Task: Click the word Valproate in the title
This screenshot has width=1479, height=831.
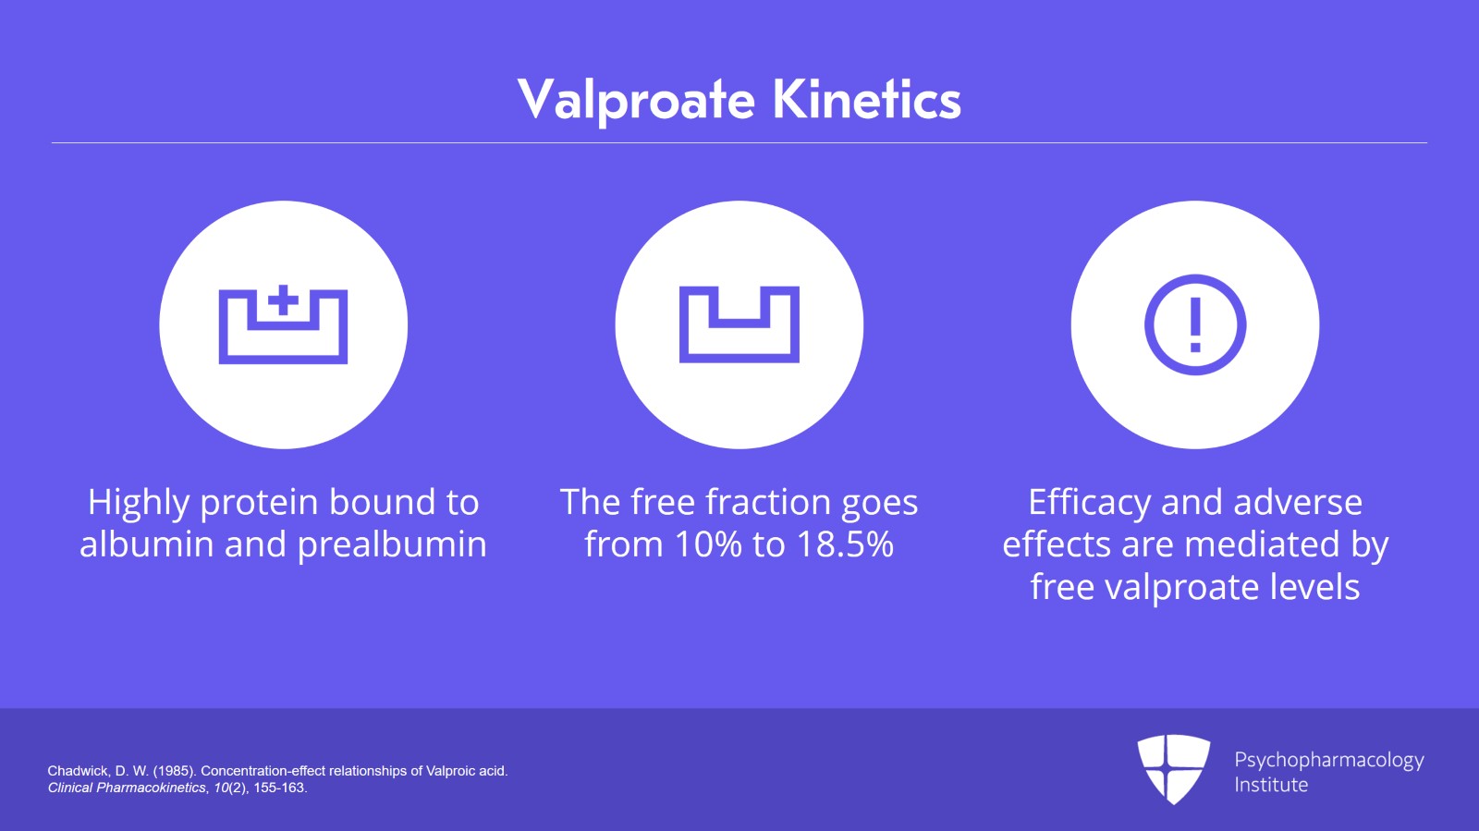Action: pyautogui.click(x=636, y=100)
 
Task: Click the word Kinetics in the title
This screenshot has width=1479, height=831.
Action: pyautogui.click(x=866, y=100)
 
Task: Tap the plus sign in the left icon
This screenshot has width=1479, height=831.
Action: pyautogui.click(x=284, y=300)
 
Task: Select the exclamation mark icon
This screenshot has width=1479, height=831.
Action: pyautogui.click(x=1195, y=324)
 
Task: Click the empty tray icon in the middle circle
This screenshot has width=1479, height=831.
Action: pyautogui.click(x=739, y=324)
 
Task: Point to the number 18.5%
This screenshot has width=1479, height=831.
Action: pyautogui.click(x=845, y=544)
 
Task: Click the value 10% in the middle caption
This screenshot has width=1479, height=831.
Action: pyautogui.click(x=708, y=544)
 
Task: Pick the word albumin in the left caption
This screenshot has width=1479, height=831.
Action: pyautogui.click(x=148, y=544)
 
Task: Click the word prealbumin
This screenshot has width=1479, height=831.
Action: pyautogui.click(x=392, y=544)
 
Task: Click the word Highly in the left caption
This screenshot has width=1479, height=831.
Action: pyautogui.click(x=139, y=503)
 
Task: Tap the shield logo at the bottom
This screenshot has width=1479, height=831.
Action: pyautogui.click(x=1173, y=768)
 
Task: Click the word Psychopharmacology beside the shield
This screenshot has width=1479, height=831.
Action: pyautogui.click(x=1328, y=760)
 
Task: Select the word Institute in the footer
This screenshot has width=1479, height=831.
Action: pyautogui.click(x=1271, y=785)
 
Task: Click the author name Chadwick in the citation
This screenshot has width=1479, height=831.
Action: pyautogui.click(x=78, y=771)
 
